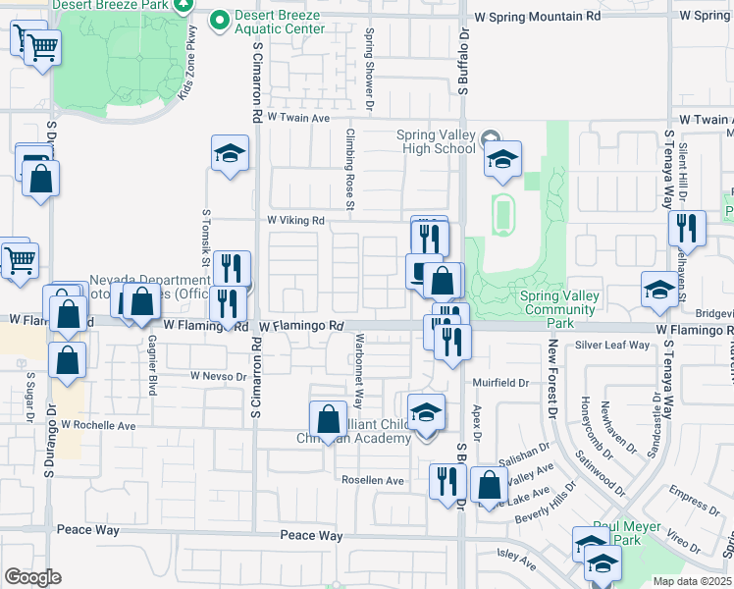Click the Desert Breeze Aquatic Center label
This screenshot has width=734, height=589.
point(279,23)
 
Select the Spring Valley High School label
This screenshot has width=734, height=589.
point(436,141)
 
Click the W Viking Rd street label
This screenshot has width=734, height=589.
point(295,221)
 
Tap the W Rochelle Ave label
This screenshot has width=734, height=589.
point(98,426)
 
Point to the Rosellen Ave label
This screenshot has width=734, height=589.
point(373,480)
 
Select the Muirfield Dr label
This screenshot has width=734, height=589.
point(506,382)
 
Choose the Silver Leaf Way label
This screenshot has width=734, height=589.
point(612,346)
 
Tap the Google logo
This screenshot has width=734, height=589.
point(32,577)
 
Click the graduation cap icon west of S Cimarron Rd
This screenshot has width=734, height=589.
point(230,154)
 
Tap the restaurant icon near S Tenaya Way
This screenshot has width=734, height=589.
point(687,229)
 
